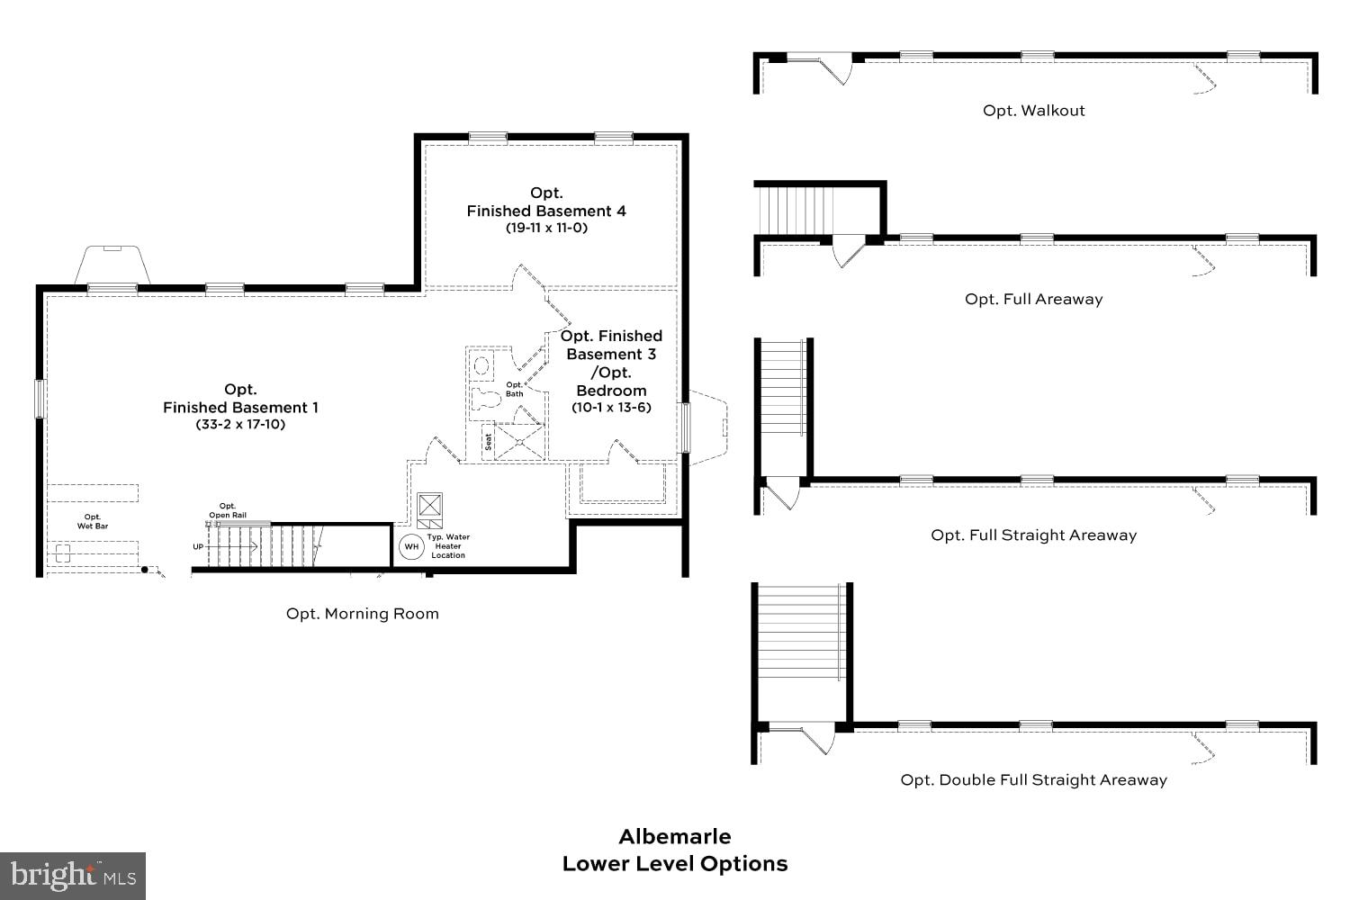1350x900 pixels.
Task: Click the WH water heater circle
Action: [411, 546]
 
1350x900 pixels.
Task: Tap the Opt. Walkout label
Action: [1033, 111]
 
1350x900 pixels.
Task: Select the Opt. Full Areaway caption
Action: [1033, 299]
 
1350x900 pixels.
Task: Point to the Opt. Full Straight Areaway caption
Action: [1033, 535]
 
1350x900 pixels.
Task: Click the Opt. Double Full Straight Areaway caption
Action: [1033, 780]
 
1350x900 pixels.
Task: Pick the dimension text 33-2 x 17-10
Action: [240, 424]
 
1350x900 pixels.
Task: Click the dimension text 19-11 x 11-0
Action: [546, 228]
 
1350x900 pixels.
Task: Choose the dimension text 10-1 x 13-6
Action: [611, 407]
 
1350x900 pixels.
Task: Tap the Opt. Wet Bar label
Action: [93, 521]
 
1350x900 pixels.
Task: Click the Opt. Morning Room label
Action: [363, 614]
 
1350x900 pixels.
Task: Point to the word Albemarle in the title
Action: [675, 836]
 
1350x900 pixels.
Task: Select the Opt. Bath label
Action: [514, 389]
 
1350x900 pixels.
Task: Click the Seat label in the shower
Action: [489, 442]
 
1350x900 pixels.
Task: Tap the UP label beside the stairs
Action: [198, 546]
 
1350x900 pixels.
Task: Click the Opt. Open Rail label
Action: [228, 510]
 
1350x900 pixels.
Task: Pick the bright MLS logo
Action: [72, 875]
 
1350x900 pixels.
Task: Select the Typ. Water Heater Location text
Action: [448, 546]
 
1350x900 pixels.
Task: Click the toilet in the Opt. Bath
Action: [485, 399]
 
